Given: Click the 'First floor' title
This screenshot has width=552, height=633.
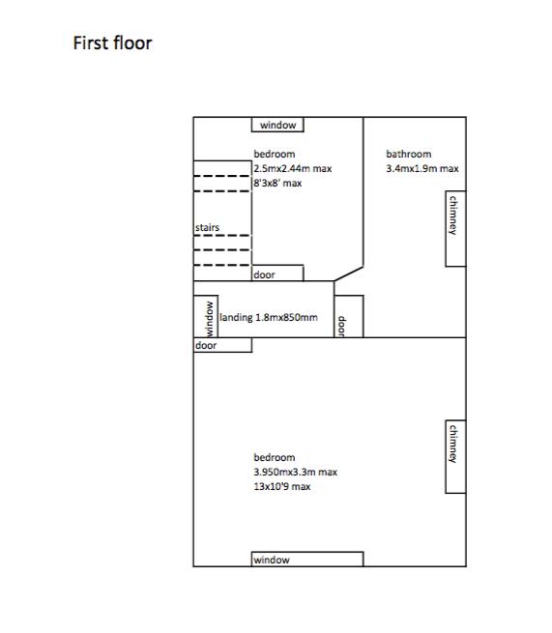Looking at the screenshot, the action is [112, 43].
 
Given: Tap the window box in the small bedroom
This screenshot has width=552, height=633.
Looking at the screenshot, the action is [277, 125].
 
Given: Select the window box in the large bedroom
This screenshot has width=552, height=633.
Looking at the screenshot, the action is [307, 560].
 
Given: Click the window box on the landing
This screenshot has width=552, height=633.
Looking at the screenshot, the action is [206, 317].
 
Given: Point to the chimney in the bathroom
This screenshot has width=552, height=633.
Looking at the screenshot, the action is [456, 228].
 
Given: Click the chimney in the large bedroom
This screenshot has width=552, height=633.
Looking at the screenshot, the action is [456, 456].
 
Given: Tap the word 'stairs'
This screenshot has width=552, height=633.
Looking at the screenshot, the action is [207, 228].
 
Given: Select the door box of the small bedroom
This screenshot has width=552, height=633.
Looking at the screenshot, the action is [277, 273].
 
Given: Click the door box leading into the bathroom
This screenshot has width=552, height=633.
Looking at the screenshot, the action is [349, 317].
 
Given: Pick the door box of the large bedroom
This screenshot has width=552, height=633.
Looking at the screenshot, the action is [222, 345].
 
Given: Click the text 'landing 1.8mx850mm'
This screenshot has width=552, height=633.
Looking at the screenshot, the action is [269, 317].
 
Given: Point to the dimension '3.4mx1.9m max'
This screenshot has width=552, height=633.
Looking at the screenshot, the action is [422, 169].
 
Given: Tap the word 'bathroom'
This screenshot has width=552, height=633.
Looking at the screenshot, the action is [409, 154].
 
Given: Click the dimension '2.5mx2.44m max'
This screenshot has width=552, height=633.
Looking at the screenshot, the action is [293, 169].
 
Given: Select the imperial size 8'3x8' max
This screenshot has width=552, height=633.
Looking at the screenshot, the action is [277, 184].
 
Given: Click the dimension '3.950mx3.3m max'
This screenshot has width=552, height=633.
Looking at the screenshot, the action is [295, 472].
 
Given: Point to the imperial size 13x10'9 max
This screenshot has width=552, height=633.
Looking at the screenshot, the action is [282, 486].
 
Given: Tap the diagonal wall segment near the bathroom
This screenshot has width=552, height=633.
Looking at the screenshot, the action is [349, 273].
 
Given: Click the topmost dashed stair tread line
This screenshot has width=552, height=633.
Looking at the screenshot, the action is [222, 176].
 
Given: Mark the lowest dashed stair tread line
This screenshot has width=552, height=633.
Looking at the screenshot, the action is [222, 265].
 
